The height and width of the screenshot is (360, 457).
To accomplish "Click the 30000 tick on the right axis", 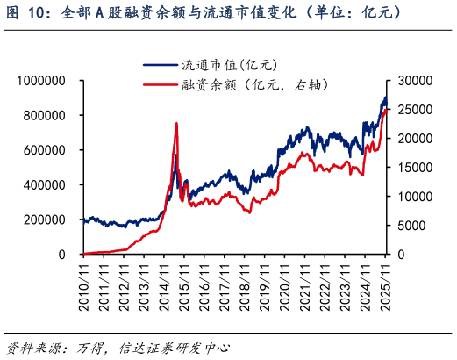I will [416, 81].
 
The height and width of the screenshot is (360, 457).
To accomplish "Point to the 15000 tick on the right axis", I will [416, 168].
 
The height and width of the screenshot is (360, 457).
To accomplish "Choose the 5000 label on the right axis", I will [412, 226].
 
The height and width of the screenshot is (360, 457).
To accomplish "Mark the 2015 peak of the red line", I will [177, 124].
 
